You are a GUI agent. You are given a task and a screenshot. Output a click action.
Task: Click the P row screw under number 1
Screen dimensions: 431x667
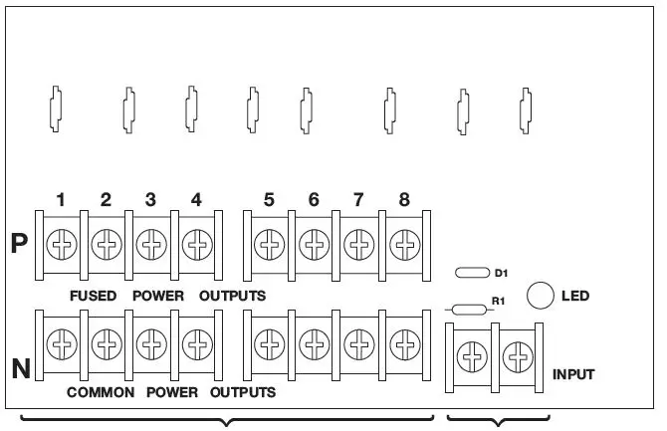[61, 243]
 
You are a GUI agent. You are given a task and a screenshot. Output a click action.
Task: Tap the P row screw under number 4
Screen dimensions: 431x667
[197, 243]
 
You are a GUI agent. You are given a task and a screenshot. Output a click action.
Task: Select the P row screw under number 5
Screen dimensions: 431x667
[268, 243]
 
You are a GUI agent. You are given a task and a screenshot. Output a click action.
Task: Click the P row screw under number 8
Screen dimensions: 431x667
[403, 243]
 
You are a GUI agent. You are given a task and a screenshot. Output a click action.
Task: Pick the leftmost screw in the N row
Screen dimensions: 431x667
[61, 343]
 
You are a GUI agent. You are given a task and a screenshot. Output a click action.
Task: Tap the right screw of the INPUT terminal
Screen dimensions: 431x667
[516, 355]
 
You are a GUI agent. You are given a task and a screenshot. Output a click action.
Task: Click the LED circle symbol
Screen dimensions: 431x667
[540, 295]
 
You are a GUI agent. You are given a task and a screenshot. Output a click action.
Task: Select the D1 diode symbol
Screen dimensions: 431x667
[471, 272]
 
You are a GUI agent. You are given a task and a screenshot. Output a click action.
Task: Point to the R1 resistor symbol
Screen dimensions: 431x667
[469, 310]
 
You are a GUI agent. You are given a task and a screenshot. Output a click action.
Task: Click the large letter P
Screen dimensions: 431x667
[18, 245]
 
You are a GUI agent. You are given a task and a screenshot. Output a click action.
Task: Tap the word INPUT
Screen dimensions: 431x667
[573, 375]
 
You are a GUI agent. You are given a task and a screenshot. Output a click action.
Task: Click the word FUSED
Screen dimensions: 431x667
[94, 296]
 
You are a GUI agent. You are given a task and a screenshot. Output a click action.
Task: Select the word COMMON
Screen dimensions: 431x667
[101, 392]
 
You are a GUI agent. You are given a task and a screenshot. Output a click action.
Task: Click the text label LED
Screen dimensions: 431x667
[575, 296]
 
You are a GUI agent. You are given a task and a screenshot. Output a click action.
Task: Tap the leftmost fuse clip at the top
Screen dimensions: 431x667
[57, 108]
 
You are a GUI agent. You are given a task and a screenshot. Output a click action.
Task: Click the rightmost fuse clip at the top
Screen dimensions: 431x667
[527, 108]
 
